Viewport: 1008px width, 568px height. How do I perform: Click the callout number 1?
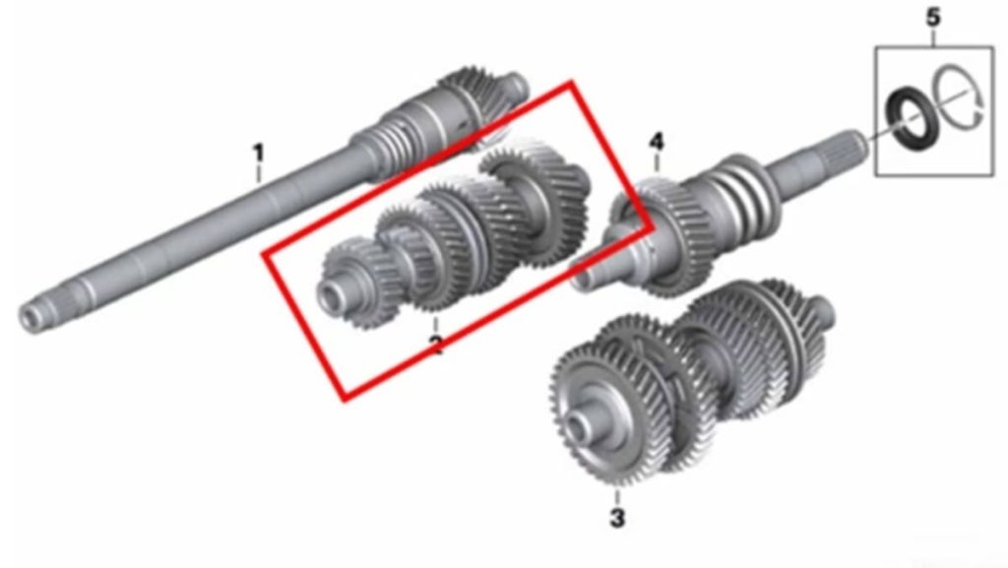(x=258, y=153)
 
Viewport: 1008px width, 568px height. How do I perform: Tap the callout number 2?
(x=436, y=346)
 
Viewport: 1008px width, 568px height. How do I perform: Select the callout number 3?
(x=617, y=517)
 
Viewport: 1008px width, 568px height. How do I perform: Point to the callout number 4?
(x=656, y=142)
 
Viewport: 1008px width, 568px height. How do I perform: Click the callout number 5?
(x=933, y=18)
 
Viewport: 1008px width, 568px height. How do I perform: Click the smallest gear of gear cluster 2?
(x=351, y=283)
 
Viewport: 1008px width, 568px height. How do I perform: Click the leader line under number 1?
(x=259, y=173)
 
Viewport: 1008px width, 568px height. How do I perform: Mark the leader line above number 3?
(x=617, y=498)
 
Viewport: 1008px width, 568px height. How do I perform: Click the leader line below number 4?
(x=657, y=163)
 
